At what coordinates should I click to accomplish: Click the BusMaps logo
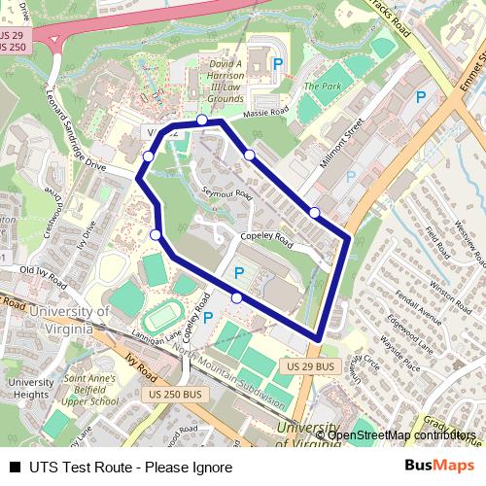pos(439,466)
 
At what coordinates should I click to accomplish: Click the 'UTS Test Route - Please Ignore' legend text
pos(129,467)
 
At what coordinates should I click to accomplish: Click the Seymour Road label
pos(226,192)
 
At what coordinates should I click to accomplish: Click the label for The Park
pos(320,87)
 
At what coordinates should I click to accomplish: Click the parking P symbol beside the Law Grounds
pos(278,63)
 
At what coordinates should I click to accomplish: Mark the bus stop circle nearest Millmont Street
pos(314,212)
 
